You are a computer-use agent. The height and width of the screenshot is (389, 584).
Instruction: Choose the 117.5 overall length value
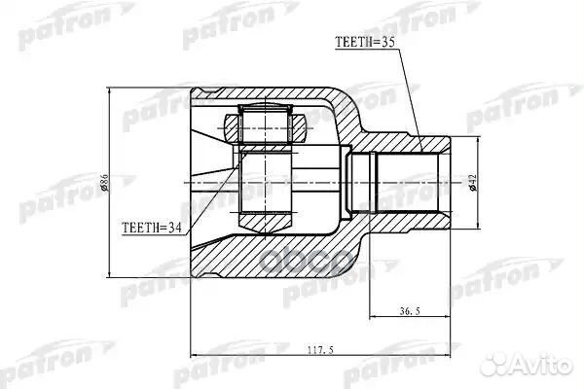click(x=319, y=352)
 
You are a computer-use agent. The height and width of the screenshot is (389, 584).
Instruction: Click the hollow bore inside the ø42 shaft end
click(x=409, y=182)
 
